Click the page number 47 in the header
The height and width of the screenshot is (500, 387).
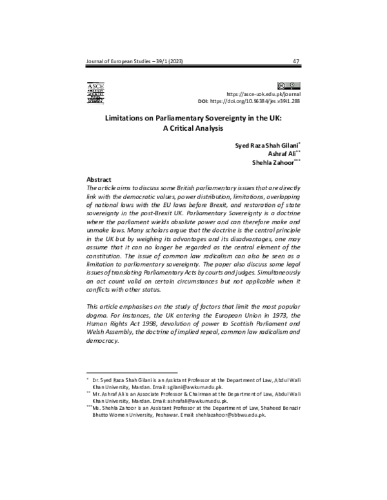point(295,62)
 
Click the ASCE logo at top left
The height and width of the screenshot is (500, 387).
point(95,93)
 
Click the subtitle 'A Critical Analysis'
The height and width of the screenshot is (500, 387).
point(193,128)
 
